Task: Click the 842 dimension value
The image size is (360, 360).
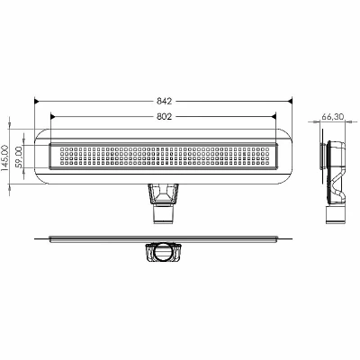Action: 164,102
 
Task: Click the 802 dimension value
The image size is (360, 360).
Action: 164,117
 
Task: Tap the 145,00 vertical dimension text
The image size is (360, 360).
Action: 5,157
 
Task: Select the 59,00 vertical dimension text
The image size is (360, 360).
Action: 20,157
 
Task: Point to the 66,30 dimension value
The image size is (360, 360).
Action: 333,117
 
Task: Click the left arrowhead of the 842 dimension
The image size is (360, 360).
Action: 37,102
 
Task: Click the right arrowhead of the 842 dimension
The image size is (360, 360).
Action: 289,102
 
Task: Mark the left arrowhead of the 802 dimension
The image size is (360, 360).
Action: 53,117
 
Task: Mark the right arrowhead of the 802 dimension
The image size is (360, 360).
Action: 273,117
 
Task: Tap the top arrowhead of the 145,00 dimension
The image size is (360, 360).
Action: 10,127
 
